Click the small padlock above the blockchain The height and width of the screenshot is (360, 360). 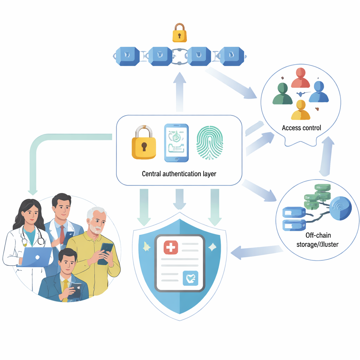(179, 33)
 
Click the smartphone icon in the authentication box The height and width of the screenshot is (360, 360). (176, 143)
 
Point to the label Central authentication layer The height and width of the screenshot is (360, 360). (179, 173)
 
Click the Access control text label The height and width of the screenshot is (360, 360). (301, 128)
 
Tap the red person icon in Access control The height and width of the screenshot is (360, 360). (301, 78)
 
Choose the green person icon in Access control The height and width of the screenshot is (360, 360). (282, 94)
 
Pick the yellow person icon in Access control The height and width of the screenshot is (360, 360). (301, 110)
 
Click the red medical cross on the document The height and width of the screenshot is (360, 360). (171, 247)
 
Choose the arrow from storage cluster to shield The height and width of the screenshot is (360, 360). (257, 252)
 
